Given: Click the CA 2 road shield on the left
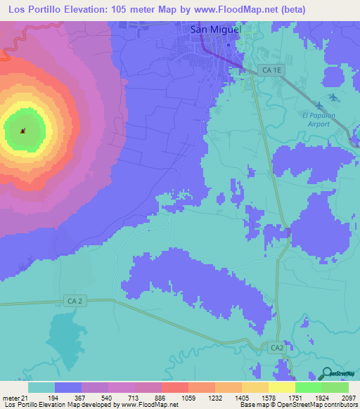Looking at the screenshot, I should point(75,301).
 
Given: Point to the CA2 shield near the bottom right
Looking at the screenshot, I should point(276,348).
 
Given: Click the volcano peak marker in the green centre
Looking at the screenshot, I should point(23,131).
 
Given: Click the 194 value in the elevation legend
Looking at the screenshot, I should point(68,398).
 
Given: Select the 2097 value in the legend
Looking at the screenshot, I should point(348,398).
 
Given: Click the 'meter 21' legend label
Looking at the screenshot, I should point(13,398).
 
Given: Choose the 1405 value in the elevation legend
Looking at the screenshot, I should point(227,398).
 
